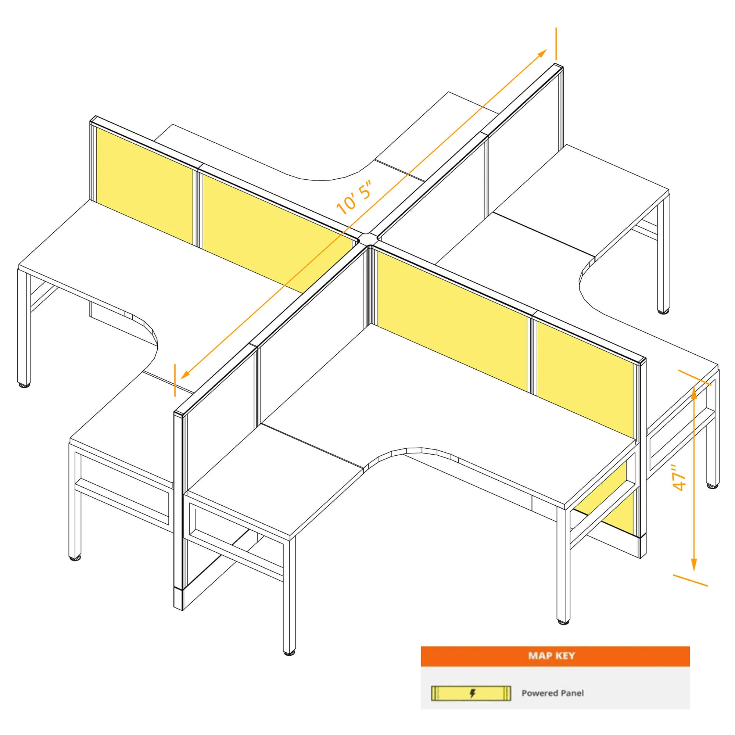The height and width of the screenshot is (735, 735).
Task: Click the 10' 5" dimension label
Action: (354, 197)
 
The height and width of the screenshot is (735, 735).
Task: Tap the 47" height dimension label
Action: (679, 477)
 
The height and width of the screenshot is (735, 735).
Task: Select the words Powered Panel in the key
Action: (552, 693)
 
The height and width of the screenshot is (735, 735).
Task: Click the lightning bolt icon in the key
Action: (473, 693)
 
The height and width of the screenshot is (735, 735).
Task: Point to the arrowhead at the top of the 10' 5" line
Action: (542, 53)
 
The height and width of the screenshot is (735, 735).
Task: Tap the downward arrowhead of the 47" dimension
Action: (694, 564)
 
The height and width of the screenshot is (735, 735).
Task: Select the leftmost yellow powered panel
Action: (144, 185)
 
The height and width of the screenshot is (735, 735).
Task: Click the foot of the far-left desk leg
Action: (24, 385)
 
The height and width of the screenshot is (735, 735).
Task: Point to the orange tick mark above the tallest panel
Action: (556, 44)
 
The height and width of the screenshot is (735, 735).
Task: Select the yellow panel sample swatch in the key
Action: (471, 693)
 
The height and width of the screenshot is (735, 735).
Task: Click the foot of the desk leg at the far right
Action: (713, 486)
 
